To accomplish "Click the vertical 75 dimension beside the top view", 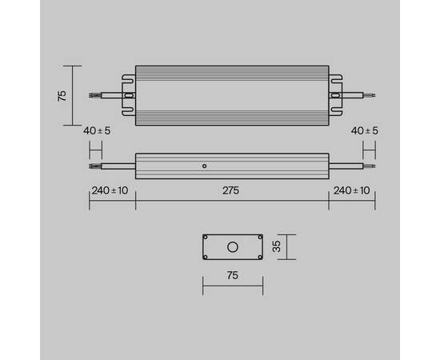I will pyautogui.click(x=62, y=94).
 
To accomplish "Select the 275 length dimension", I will pyautogui.click(x=231, y=190).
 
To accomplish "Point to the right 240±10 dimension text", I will pyautogui.click(x=352, y=190).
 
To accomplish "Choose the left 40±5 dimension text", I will pyautogui.click(x=95, y=130).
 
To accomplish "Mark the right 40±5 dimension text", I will pyautogui.click(x=366, y=130).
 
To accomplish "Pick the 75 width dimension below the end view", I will pyautogui.click(x=231, y=276).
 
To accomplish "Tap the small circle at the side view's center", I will pyautogui.click(x=205, y=166).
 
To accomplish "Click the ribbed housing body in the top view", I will pyautogui.click(x=231, y=94).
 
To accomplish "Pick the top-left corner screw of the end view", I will pyautogui.click(x=206, y=238).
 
